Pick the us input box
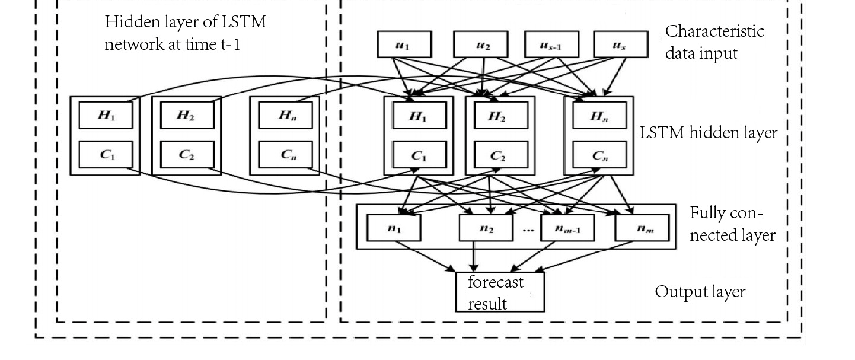620,45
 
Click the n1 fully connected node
394,227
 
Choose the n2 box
486,227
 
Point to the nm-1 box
568,227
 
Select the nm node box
642,227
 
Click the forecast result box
499,292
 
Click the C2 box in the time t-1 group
186,156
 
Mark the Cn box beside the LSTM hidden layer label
598,156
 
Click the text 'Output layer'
700,292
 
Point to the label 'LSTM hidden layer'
709,133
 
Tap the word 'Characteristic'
714,31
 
